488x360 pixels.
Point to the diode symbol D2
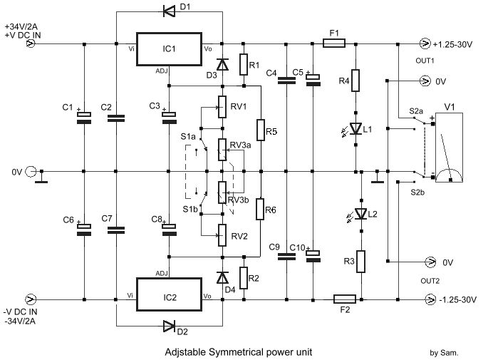point(168,327)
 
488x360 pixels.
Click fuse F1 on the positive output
point(335,43)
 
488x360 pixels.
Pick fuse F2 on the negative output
point(344,299)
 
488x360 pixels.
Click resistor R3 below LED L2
point(361,262)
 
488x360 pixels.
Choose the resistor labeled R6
point(261,210)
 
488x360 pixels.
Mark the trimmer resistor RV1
point(222,108)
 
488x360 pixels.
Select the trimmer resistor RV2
point(222,233)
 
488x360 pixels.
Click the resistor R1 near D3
point(244,65)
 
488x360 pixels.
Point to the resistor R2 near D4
point(244,277)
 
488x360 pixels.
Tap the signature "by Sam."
point(445,352)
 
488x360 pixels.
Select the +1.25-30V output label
point(455,44)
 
